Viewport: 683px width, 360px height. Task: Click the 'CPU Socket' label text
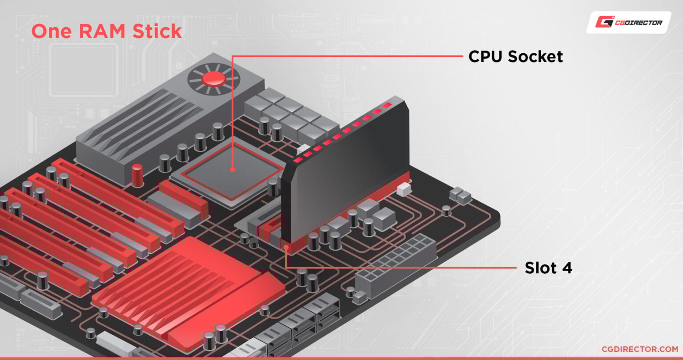(x=515, y=56)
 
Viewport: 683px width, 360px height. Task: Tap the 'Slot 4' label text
(x=548, y=268)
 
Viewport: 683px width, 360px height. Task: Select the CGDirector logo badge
(x=628, y=22)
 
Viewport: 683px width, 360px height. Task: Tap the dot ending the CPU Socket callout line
(x=232, y=169)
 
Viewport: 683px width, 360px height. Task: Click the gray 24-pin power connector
(x=396, y=267)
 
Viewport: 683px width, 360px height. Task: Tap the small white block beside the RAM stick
(x=404, y=190)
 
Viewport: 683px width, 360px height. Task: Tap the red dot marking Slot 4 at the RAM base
(x=286, y=246)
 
